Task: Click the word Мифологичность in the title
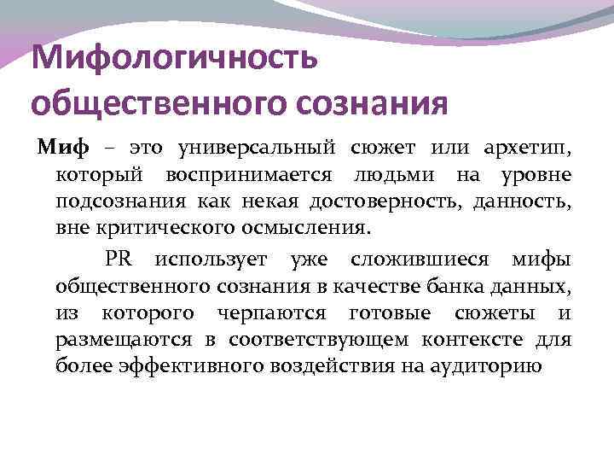pyautogui.click(x=174, y=60)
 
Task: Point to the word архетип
pyautogui.click(x=531, y=149)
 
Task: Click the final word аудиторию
pyautogui.click(x=485, y=367)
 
